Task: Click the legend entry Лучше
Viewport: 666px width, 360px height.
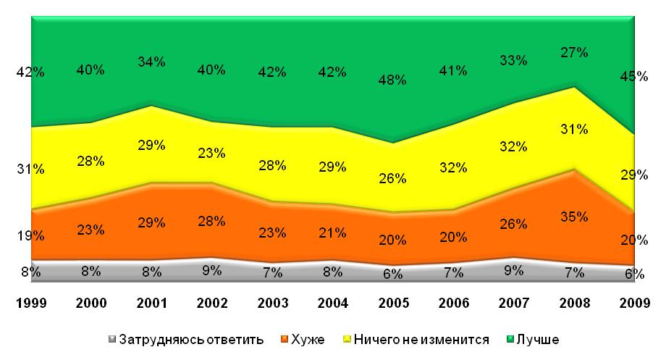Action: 539,339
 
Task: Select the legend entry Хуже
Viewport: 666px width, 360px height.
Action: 308,339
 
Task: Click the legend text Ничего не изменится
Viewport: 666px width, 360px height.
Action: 421,339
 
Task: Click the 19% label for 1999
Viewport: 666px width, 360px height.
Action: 30,235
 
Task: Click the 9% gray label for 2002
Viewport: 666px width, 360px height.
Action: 211,270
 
